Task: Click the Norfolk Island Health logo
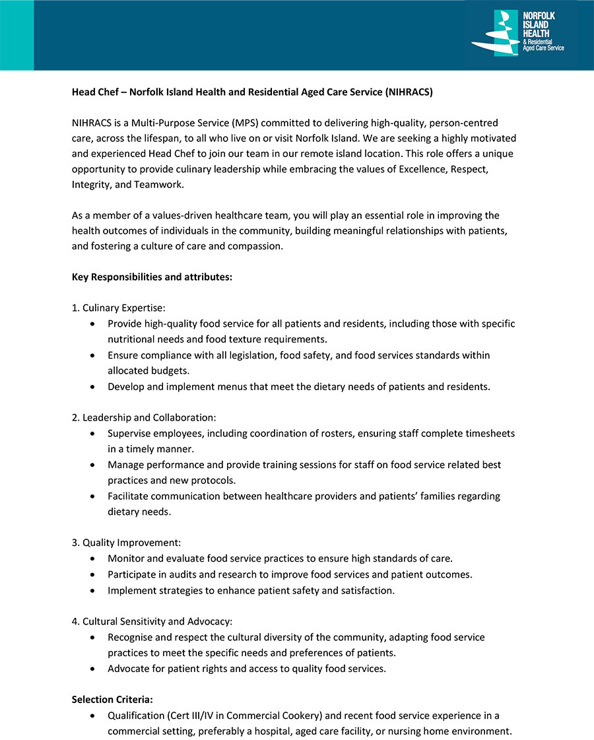tap(518, 33)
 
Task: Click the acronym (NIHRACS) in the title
tap(409, 92)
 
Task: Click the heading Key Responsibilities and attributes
tap(152, 277)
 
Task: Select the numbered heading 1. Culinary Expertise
tap(118, 308)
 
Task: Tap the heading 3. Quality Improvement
tap(126, 543)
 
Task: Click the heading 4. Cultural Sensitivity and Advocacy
tap(152, 621)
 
